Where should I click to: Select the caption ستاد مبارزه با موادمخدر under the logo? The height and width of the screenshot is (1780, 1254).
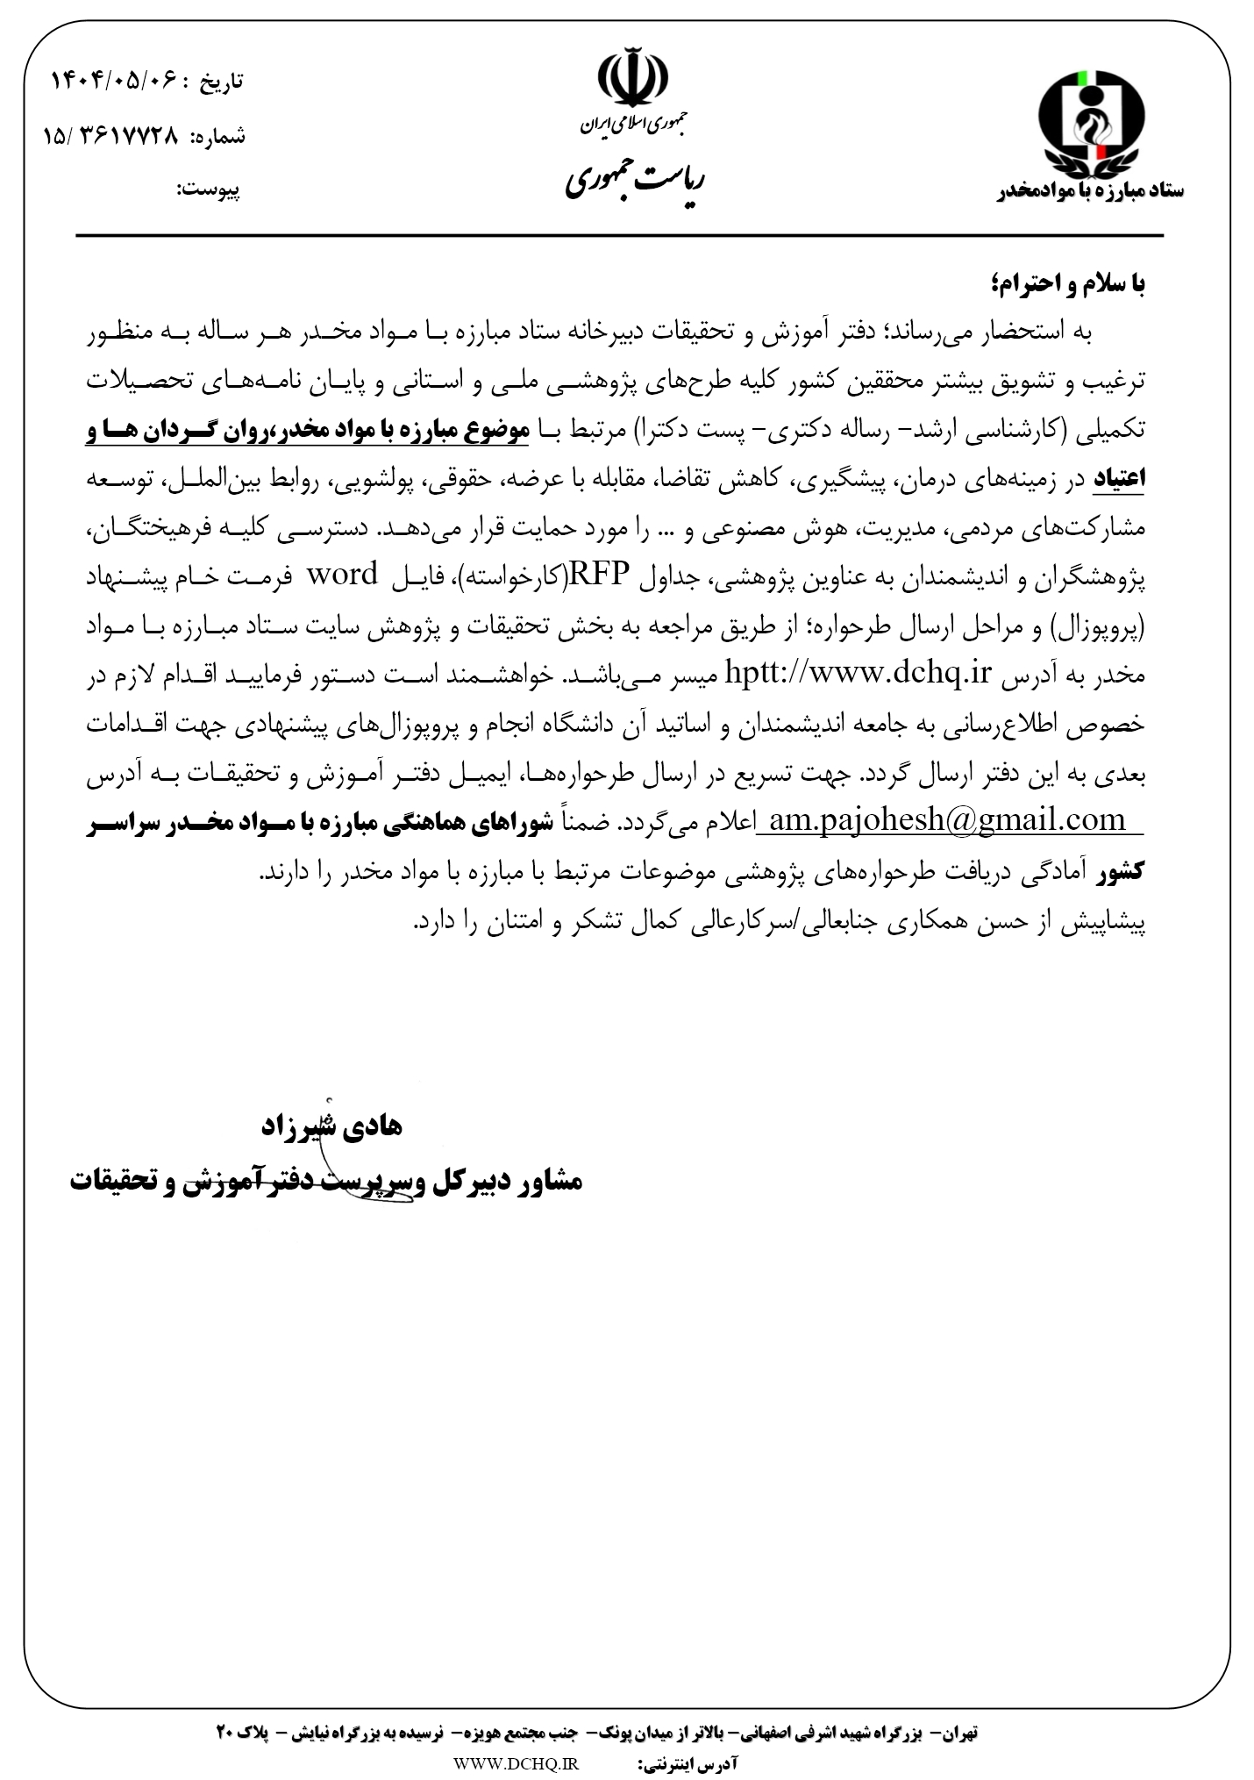coord(1092,191)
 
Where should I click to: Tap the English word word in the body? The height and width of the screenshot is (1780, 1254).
coord(341,575)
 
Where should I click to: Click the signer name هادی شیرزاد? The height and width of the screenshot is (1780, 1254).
coord(327,1127)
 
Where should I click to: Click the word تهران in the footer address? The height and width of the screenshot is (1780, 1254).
coord(958,1733)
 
